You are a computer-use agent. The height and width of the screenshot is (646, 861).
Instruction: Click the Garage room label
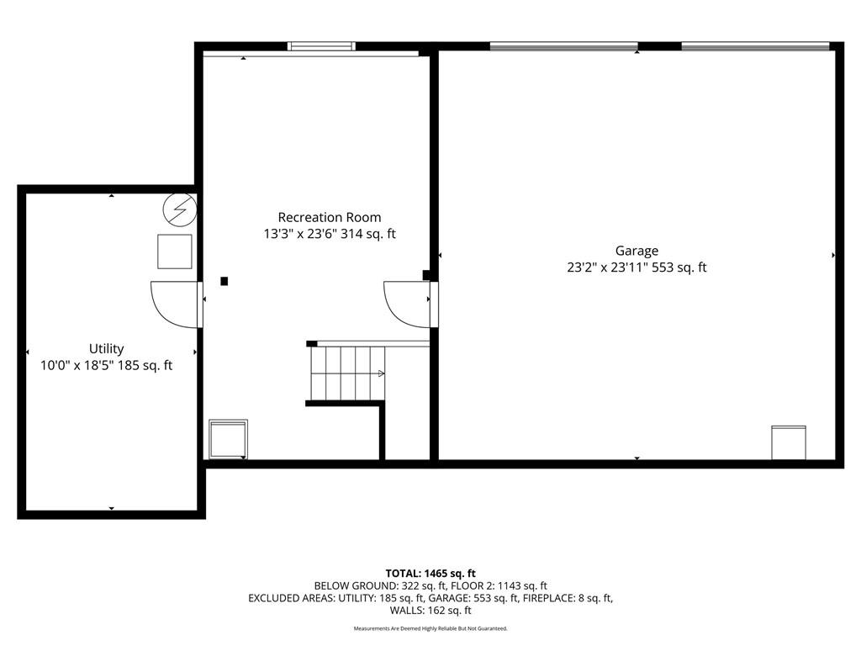coord(637,251)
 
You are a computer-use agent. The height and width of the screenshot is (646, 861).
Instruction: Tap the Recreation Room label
coord(330,218)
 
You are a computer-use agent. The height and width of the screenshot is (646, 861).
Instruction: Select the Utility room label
coord(107,349)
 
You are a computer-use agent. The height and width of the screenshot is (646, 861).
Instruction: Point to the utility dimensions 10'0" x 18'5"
coord(77,365)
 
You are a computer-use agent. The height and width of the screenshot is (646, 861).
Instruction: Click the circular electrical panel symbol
coord(180,209)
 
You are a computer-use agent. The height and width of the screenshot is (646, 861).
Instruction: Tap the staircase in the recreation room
coord(347,373)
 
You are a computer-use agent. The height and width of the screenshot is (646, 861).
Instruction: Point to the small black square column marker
coord(224,281)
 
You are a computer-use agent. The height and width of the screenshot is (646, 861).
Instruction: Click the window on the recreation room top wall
coord(321,46)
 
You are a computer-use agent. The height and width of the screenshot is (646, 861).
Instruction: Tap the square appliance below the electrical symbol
coord(175,252)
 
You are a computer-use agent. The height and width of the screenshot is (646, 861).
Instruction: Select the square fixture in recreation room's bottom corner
coord(229,439)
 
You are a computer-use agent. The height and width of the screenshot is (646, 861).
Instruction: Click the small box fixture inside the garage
coord(789,442)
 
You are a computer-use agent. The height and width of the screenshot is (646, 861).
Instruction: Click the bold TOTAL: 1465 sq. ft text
coord(430,574)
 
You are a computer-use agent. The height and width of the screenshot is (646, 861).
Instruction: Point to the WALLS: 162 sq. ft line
coord(430,611)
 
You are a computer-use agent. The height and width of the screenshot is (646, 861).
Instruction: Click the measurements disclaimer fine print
coord(430,628)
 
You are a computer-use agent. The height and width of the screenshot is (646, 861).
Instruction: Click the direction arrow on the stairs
coord(381,373)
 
